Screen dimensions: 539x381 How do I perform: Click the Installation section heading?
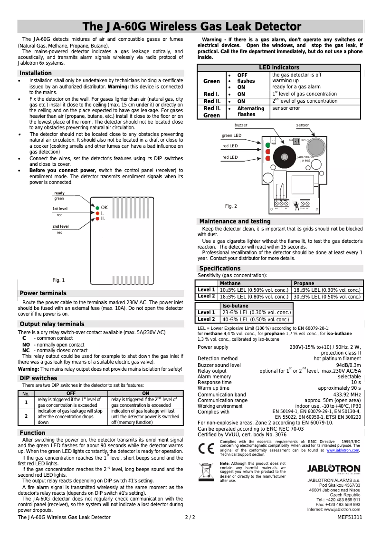point(35,73)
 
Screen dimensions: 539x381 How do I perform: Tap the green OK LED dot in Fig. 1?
point(97,208)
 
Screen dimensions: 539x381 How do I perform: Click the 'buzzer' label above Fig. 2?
point(241,125)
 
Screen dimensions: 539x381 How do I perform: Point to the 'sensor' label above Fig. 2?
point(302,125)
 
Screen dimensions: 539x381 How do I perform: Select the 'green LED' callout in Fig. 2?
point(231,136)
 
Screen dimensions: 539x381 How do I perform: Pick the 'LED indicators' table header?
point(280,68)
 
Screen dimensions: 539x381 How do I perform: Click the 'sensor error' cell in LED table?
point(286,108)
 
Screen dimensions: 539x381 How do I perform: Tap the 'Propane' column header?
point(304,283)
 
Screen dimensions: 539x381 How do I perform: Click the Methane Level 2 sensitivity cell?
point(254,296)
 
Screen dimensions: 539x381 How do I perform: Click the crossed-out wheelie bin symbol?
point(206,471)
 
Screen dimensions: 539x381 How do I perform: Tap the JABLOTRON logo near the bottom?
point(333,469)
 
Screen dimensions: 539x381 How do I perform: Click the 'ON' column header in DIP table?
point(146,394)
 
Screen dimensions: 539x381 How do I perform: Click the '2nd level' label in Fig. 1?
point(60,226)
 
